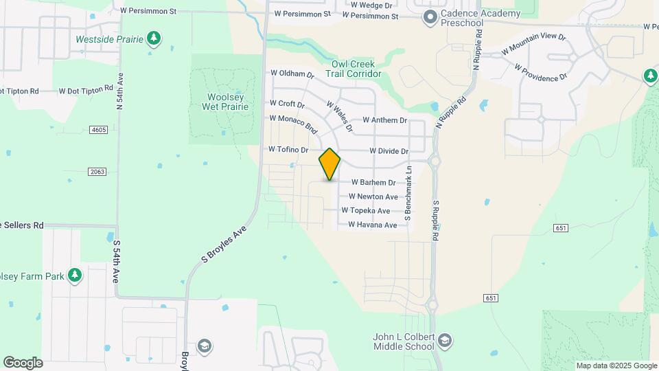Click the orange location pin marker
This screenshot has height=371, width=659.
329,164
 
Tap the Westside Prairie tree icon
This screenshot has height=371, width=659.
154,38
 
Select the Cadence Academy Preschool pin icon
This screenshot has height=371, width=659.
430,16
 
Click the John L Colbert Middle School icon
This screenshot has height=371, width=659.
446,341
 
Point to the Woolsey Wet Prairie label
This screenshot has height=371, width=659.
220,101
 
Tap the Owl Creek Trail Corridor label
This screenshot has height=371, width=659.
352,69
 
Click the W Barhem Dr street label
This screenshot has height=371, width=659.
373,183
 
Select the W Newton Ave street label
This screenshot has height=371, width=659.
373,197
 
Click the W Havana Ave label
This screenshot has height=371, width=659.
372,225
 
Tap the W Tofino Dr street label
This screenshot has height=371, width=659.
288,149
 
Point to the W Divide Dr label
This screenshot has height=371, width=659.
389,151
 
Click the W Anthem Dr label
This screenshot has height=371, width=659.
384,120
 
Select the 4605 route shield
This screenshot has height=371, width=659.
98,130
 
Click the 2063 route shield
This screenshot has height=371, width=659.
97,171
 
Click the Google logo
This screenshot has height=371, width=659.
23,363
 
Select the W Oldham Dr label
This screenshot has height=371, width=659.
292,74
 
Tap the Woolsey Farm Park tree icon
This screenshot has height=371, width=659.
75,276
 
